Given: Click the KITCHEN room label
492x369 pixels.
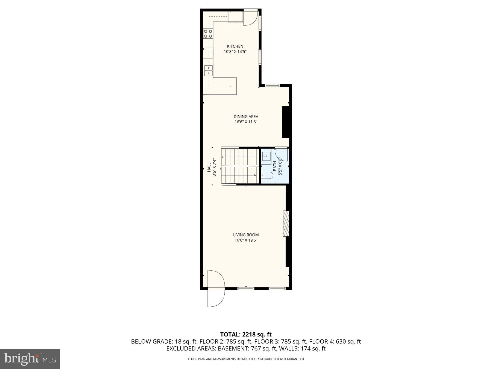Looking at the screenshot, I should [x=235, y=46].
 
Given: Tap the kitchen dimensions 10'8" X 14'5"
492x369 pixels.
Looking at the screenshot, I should [x=235, y=52].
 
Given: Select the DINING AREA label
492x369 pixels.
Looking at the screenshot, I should [x=246, y=117].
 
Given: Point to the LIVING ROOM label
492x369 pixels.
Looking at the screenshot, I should [x=246, y=235].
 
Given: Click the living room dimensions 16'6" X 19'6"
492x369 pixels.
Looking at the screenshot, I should [x=246, y=240].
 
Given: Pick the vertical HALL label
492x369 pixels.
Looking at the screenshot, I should [x=209, y=167].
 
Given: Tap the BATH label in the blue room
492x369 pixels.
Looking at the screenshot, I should [x=274, y=166].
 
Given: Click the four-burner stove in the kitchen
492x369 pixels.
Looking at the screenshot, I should [x=208, y=34].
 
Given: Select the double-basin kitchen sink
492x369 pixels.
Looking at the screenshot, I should [x=208, y=70].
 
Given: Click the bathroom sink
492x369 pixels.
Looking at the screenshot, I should [x=266, y=157].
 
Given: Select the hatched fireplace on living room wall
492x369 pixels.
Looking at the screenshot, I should [x=286, y=223].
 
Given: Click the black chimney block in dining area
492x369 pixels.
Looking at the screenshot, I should [x=286, y=122].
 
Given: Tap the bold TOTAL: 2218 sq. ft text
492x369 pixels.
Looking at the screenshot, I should [x=246, y=334].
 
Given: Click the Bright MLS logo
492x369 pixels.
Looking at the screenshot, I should [x=30, y=359].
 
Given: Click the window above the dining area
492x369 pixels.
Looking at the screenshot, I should [x=273, y=86].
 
